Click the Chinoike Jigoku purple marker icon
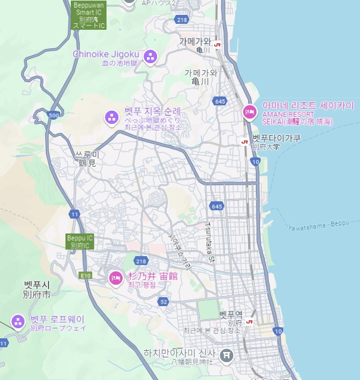point(151,57)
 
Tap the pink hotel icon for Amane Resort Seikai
point(250,111)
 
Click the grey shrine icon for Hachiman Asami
point(226,356)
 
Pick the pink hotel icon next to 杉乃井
point(115,278)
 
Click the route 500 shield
point(54,115)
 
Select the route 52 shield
point(164,302)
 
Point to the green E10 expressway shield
point(86,275)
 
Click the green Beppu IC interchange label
point(80,241)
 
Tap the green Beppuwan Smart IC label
point(88,15)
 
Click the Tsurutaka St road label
point(209,242)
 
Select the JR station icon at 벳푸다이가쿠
point(244,142)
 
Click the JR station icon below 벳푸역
point(249,322)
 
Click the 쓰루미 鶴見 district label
point(86,158)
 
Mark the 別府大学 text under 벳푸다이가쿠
point(265,147)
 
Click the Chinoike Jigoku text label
point(106,54)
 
